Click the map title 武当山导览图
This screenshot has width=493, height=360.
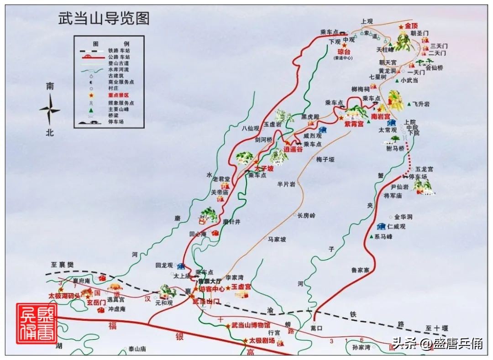(104, 19)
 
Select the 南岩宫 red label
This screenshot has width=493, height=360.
(380, 117)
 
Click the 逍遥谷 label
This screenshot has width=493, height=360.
(293, 149)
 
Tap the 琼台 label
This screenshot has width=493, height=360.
(343, 52)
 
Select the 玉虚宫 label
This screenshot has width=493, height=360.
(241, 287)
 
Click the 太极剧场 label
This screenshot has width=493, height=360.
(262, 340)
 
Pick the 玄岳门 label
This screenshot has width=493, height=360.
(96, 302)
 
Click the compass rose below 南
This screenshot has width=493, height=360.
(50, 110)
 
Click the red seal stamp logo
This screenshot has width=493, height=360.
(37, 323)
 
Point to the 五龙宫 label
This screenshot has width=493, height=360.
(424, 169)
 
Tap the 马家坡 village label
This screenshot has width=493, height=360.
(277, 239)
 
